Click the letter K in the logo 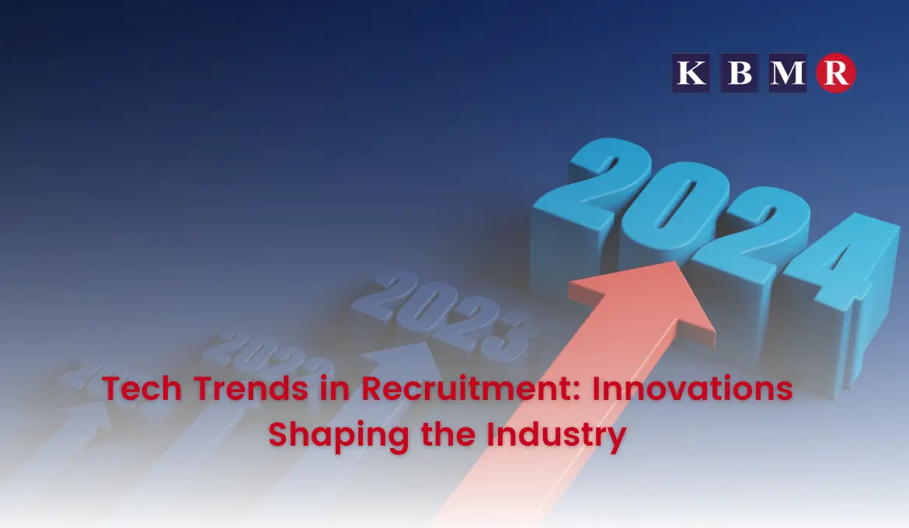[x=691, y=73]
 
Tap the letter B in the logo [x=738, y=73]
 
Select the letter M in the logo [x=787, y=73]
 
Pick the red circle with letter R [x=836, y=73]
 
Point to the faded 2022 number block [x=272, y=358]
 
